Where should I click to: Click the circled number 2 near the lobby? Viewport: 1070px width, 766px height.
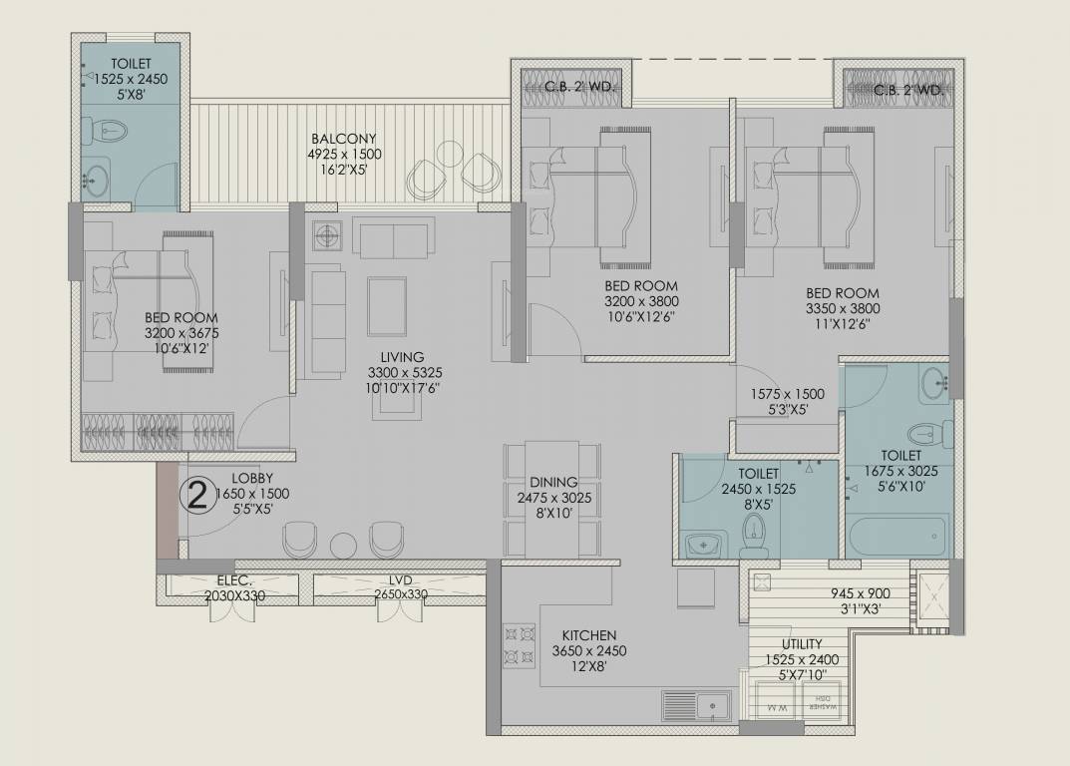click(197, 497)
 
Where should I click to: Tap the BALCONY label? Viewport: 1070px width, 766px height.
click(343, 139)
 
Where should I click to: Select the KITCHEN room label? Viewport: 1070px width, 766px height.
click(589, 635)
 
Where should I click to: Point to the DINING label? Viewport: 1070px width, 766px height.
click(553, 482)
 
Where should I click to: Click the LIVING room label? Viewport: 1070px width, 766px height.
click(402, 357)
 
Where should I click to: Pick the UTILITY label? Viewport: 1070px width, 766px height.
click(802, 643)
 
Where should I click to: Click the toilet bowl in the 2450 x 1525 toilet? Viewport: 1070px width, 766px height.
click(753, 537)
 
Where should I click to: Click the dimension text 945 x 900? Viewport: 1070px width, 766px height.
click(861, 593)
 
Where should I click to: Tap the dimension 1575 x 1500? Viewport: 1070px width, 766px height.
click(787, 394)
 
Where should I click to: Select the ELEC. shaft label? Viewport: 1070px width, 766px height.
click(234, 581)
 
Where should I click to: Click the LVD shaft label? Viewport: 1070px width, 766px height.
click(400, 580)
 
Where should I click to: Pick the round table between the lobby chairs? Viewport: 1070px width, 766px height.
click(343, 545)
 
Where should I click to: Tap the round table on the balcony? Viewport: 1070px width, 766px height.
click(450, 154)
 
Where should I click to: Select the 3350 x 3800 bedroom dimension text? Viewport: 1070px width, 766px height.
click(843, 308)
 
